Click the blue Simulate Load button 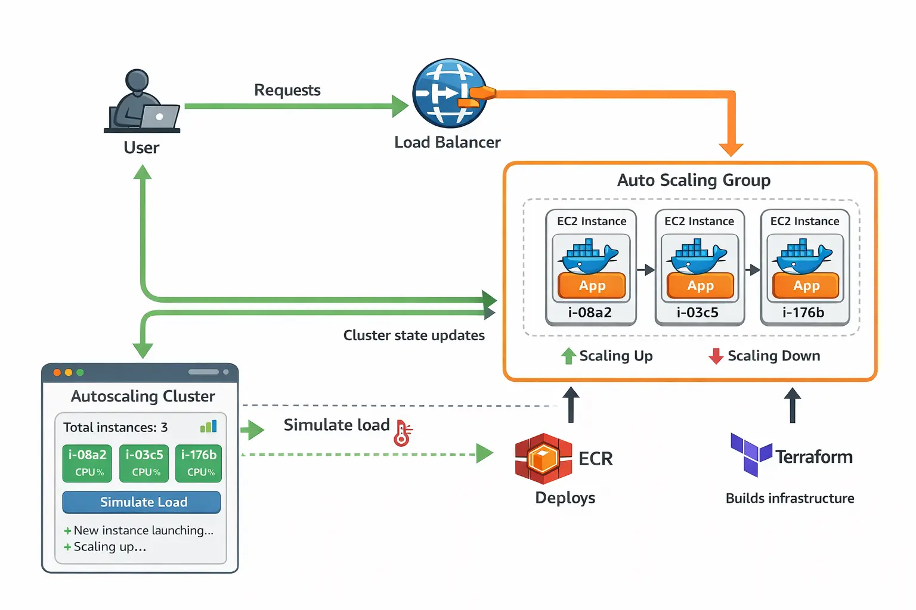click(x=141, y=502)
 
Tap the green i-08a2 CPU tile click(x=87, y=463)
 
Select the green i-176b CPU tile click(x=199, y=463)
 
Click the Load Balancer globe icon click(x=449, y=93)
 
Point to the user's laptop click(x=159, y=117)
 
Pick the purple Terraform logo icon click(x=751, y=454)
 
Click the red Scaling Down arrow click(x=716, y=356)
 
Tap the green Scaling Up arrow click(x=568, y=356)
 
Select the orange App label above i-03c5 click(x=700, y=286)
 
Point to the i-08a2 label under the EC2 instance click(x=590, y=313)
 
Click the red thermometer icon click(x=403, y=433)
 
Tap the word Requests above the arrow click(x=287, y=91)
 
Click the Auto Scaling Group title click(x=694, y=180)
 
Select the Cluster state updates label click(x=414, y=335)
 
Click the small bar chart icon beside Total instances click(x=209, y=426)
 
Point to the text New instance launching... click(x=143, y=530)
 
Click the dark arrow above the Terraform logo click(x=793, y=404)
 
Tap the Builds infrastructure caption click(x=790, y=498)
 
